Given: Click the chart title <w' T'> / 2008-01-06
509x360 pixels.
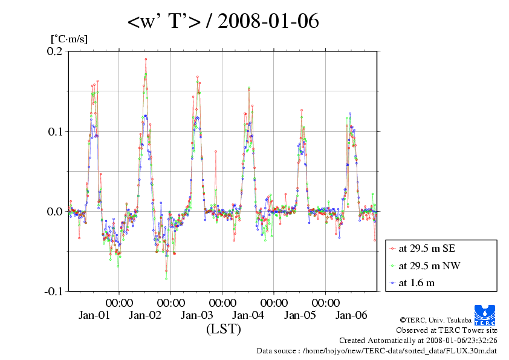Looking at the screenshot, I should tap(223, 22).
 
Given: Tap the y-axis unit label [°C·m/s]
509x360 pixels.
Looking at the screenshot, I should tap(69, 39).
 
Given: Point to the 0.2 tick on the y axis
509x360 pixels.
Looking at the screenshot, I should tap(56, 51).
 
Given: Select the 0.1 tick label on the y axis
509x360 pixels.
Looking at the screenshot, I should tap(56, 131).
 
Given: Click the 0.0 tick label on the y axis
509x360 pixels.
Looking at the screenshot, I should tap(56, 211).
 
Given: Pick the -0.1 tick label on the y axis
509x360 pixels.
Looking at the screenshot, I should tap(54, 291).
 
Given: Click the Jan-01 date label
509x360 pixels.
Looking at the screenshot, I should tap(94, 315).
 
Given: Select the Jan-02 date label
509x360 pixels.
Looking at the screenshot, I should tap(146, 315).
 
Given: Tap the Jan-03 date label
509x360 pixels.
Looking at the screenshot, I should tap(197, 315).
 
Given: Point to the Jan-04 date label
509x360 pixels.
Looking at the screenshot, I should tap(248, 315).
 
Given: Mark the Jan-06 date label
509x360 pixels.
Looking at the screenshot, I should tap(352, 315).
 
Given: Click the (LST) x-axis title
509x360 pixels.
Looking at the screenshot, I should tap(224, 330).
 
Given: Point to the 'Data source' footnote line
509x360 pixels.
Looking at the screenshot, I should tap(377, 350).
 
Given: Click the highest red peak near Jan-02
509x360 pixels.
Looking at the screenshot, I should tap(146, 59).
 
